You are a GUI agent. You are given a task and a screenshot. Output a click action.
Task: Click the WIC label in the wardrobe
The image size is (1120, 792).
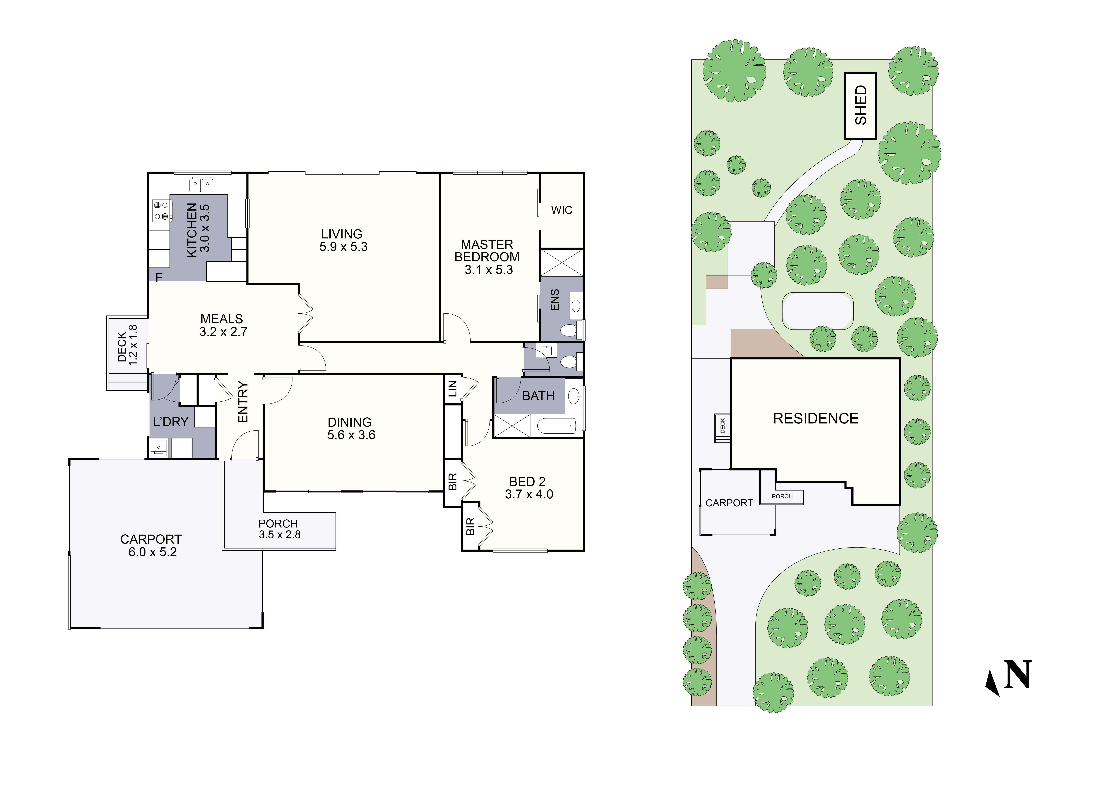pyautogui.click(x=561, y=210)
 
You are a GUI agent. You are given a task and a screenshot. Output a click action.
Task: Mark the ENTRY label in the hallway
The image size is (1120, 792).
pyautogui.click(x=243, y=402)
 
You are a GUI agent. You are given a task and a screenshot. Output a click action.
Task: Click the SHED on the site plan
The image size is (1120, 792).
pyautogui.click(x=860, y=105)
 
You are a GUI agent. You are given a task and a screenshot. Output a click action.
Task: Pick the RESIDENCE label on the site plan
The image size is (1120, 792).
pyautogui.click(x=816, y=419)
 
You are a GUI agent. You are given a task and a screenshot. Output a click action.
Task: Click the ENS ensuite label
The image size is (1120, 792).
pyautogui.click(x=555, y=300)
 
